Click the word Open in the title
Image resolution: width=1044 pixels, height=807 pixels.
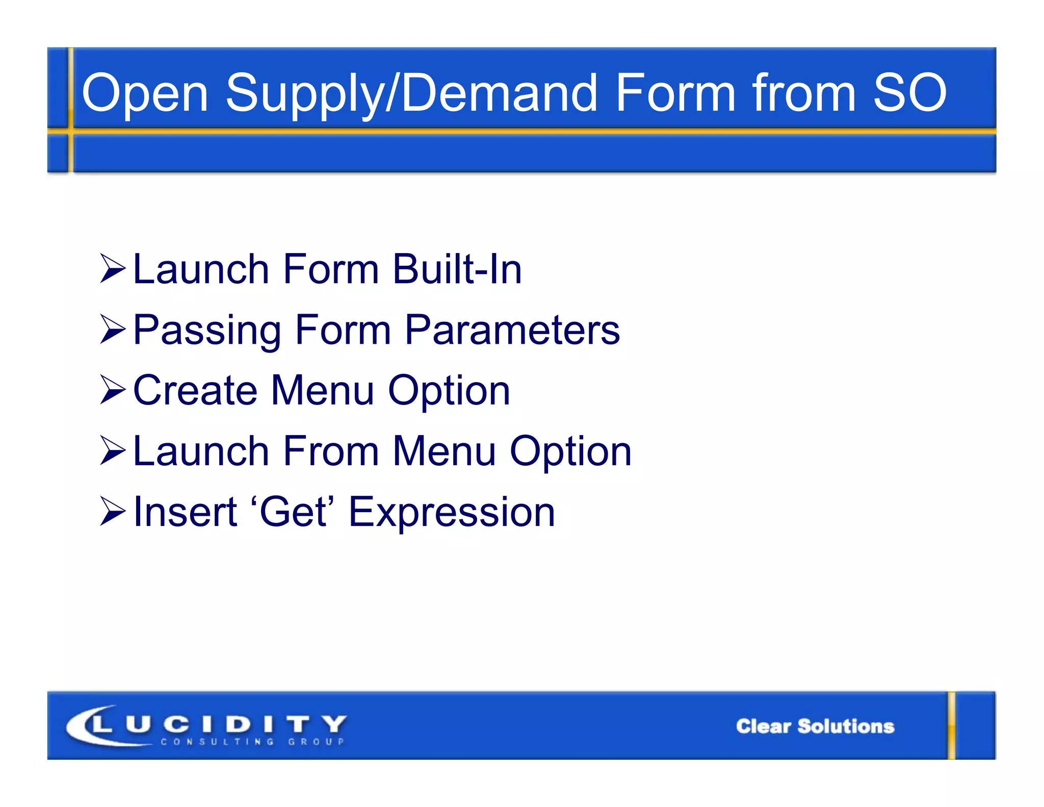coord(145,93)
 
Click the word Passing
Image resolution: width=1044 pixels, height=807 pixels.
coord(207,330)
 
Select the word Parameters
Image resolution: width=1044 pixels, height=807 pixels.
coord(512,330)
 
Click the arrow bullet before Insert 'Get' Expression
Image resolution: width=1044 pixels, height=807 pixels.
coord(112,512)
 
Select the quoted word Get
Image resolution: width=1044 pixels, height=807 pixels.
coord(293,512)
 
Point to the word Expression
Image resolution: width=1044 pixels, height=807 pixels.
coord(452,513)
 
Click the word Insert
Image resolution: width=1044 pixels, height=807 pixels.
coord(185,512)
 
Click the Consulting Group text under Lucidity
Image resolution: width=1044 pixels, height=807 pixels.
coord(252,742)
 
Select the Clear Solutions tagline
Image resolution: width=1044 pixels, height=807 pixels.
coord(815,726)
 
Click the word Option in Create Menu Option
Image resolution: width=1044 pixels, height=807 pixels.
coord(449,391)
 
